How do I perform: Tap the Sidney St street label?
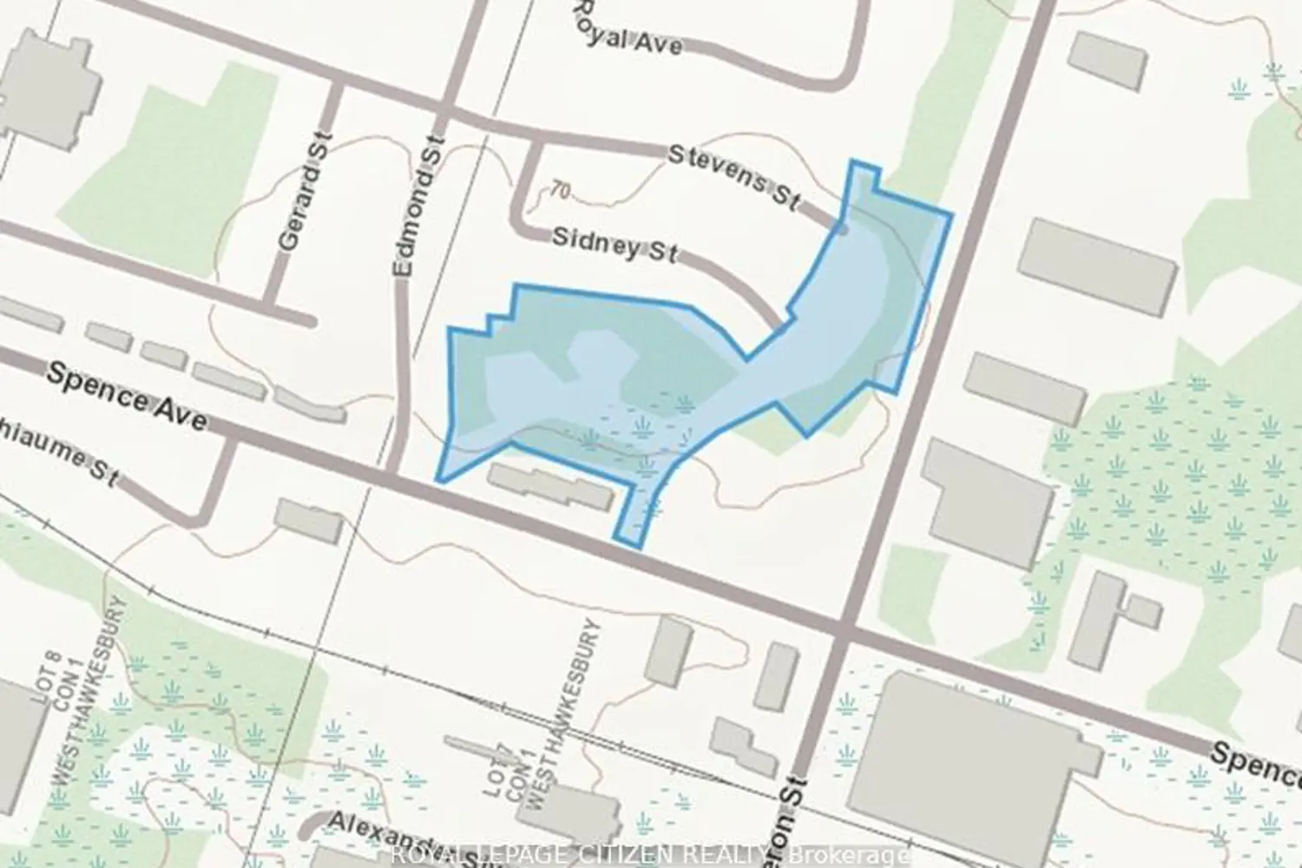point(615,245)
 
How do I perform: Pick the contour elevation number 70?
point(561,189)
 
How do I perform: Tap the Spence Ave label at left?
point(127,396)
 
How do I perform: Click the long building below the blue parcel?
point(552,487)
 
